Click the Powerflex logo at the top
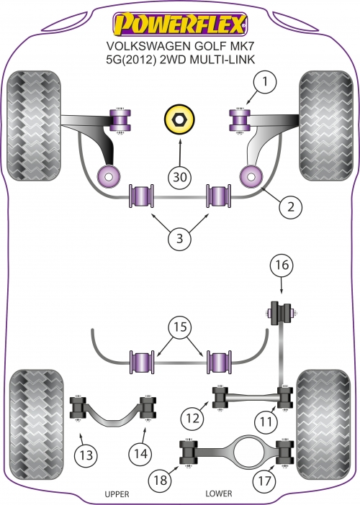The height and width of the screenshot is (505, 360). (180, 24)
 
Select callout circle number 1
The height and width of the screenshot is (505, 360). (265, 82)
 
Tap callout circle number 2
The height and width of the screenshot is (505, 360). (291, 207)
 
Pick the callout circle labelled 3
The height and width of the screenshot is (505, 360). (180, 239)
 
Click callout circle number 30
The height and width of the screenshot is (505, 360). (180, 177)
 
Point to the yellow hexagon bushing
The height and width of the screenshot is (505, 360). (179, 120)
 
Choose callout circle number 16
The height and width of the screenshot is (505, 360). (282, 265)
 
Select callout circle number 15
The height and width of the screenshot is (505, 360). (180, 327)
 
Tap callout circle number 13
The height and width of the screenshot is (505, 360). (86, 455)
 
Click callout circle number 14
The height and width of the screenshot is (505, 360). (141, 454)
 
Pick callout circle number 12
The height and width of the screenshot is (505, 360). (193, 419)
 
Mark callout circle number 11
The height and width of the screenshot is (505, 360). (266, 422)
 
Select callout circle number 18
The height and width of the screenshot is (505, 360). (160, 481)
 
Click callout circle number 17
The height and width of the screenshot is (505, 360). (264, 481)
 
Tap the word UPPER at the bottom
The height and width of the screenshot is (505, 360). (117, 494)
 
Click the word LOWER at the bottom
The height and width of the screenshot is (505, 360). (219, 493)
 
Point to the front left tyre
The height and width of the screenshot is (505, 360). (34, 126)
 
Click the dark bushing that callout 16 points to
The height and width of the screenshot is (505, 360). (279, 313)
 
